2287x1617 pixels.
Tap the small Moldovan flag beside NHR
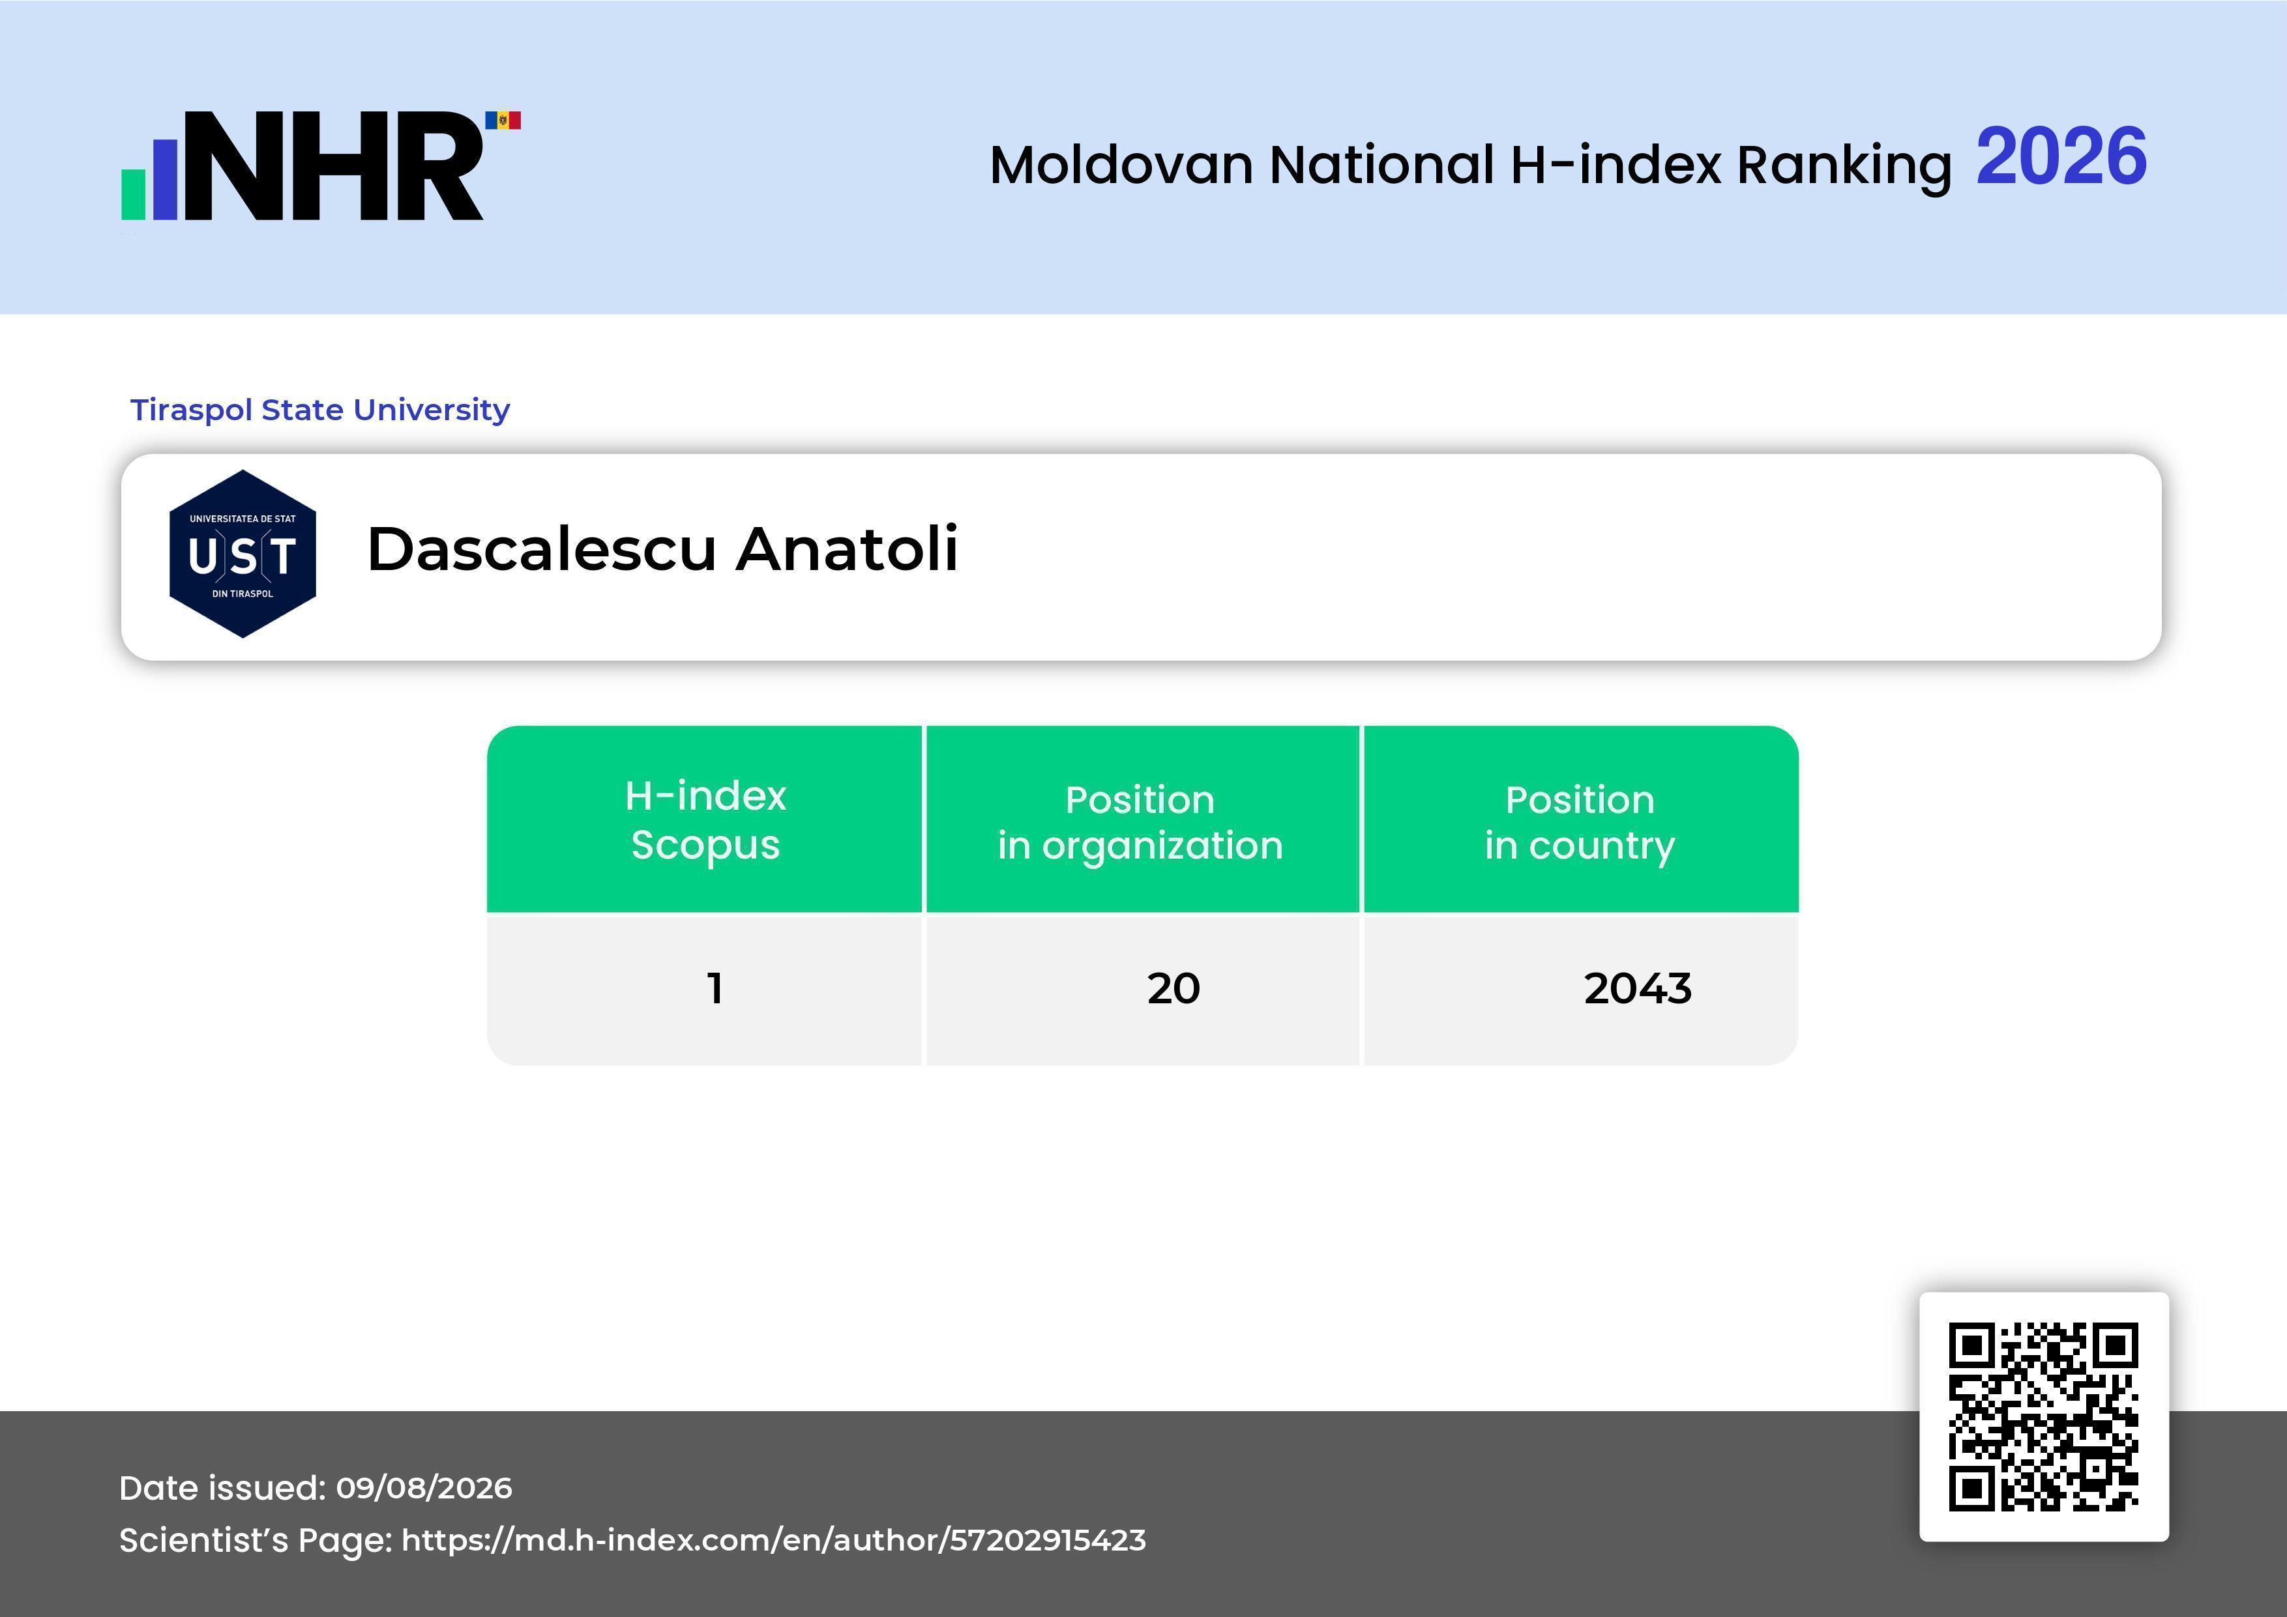(503, 121)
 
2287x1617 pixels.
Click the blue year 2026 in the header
(2061, 157)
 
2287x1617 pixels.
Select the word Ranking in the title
(1844, 166)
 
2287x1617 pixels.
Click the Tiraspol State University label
(319, 409)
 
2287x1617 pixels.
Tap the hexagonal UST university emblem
(243, 554)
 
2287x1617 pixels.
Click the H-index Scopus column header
(705, 820)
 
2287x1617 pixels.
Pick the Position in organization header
(1140, 822)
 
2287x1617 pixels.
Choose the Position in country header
(1580, 822)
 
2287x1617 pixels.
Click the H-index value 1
(714, 988)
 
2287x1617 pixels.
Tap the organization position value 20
(1173, 988)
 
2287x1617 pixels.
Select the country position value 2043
(1638, 988)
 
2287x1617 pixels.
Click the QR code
(2044, 1417)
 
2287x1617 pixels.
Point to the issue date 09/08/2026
(424, 1487)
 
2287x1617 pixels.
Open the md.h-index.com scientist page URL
(774, 1540)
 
